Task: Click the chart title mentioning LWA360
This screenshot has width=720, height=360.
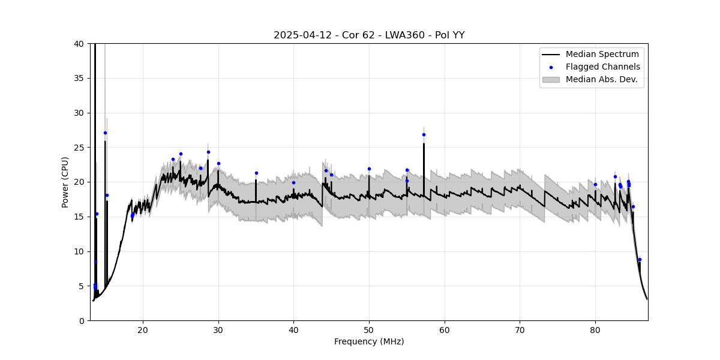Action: coord(369,35)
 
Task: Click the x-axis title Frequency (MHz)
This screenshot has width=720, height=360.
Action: coord(369,341)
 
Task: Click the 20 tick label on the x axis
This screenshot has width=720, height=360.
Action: coord(143,329)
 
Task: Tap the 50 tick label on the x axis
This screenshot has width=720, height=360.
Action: coord(369,329)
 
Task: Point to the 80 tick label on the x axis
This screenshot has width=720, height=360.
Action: coord(595,329)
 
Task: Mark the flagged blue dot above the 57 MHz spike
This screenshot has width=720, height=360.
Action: coord(424,134)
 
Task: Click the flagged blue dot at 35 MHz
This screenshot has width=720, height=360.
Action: coord(256,173)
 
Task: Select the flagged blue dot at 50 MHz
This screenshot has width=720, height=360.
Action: coord(369,169)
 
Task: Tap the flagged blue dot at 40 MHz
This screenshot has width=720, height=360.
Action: coord(293,182)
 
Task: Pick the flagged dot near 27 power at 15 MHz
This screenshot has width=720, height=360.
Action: coord(105,133)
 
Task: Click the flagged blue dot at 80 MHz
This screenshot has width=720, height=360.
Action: coord(595,184)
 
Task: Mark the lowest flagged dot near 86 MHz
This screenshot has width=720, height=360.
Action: coord(640,259)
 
